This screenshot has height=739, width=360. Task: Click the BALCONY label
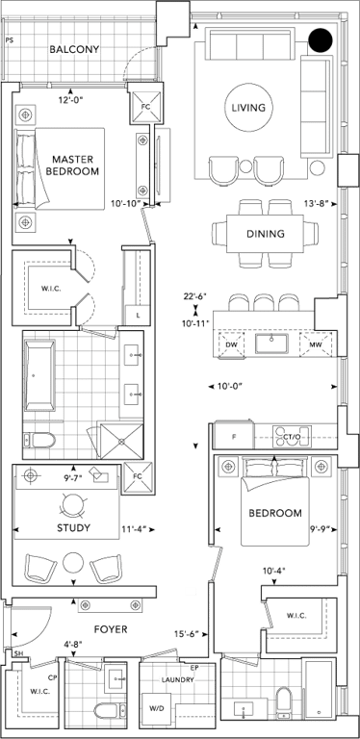pos(74,49)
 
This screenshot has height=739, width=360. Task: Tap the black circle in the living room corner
pos(321,40)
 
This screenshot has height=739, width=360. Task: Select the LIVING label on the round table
pos(248,108)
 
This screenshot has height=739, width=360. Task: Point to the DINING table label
pos(266,233)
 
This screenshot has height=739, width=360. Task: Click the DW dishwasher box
pos(231,345)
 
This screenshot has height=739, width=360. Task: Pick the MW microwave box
pos(315,345)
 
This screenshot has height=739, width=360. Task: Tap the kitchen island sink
pos(271,344)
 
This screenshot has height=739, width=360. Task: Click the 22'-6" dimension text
pos(195,297)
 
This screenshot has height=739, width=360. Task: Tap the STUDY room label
pos(73,528)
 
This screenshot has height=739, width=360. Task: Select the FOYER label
pos(111,629)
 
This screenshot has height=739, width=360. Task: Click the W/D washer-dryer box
pos(158,708)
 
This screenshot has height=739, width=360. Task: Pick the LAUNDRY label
pos(178,680)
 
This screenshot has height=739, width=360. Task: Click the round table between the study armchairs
pos(73,562)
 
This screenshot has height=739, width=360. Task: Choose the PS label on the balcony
pos(9,40)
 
